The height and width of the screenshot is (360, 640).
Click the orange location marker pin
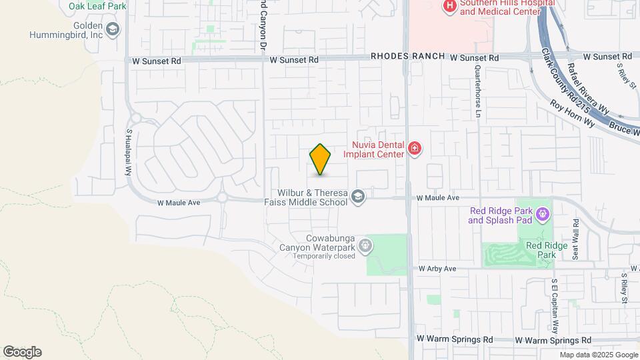(x=320, y=159)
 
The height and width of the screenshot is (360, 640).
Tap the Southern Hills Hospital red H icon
(x=450, y=6)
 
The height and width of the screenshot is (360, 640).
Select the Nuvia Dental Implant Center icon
(x=415, y=148)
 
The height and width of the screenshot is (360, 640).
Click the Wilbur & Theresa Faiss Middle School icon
(x=358, y=196)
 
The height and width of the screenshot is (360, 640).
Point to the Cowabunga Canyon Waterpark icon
(x=365, y=246)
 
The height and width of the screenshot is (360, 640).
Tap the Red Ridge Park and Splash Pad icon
(x=543, y=214)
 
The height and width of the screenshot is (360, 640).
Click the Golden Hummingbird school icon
(x=113, y=29)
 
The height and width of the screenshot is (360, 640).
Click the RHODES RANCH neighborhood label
(x=407, y=57)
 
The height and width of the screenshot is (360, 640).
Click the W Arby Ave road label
(x=437, y=269)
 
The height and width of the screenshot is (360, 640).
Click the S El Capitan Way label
(x=554, y=305)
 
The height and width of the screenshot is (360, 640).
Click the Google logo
(x=22, y=352)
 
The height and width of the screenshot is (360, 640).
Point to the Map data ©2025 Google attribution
(x=597, y=355)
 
